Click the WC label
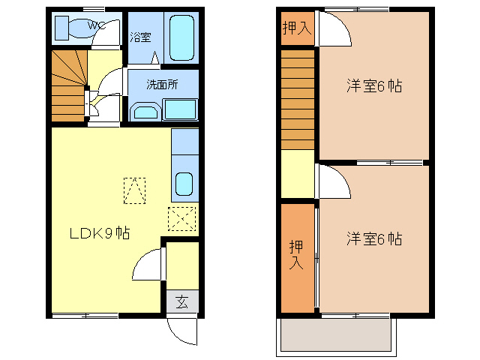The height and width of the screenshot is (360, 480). point(97,25)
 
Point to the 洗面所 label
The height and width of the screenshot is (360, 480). point(162,85)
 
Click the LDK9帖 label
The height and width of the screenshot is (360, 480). point(100,233)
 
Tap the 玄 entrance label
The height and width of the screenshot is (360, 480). point(182,302)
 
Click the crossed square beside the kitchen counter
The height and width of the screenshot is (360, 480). point(183,218)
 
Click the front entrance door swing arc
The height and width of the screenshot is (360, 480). point(182,331)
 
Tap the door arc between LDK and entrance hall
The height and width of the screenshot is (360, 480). point(148,266)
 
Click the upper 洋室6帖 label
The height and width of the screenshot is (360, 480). point(374,85)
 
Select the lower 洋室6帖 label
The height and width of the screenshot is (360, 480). point(374,239)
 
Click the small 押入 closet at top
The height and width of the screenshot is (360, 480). point(296,28)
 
